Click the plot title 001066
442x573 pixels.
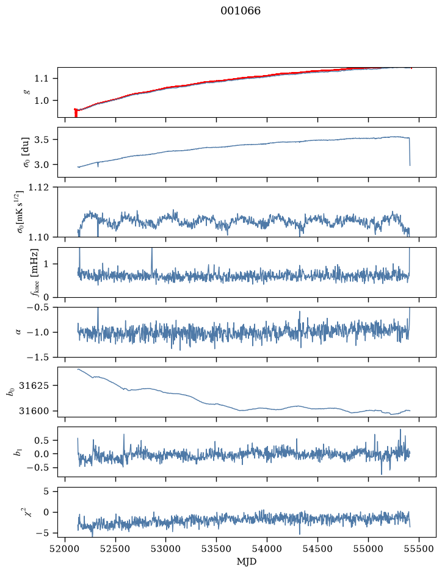tap(240, 10)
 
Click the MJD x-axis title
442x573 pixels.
tap(247, 561)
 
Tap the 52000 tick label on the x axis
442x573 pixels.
tap(65, 549)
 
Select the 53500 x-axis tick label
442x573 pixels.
tap(217, 549)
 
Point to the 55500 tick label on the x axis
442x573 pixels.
tap(419, 549)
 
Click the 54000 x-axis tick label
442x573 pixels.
tap(267, 549)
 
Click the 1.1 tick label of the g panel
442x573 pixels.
tap(42, 78)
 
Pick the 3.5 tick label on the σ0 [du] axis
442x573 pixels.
tap(42, 140)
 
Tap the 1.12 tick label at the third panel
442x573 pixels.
tap(38, 187)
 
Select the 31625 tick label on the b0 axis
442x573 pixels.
tap(34, 386)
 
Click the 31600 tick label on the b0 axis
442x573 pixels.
tap(34, 411)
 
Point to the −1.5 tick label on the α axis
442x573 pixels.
tap(38, 357)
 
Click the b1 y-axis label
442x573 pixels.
tap(17, 452)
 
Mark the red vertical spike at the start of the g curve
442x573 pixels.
tap(76, 112)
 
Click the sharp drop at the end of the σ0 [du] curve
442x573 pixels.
tap(410, 152)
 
